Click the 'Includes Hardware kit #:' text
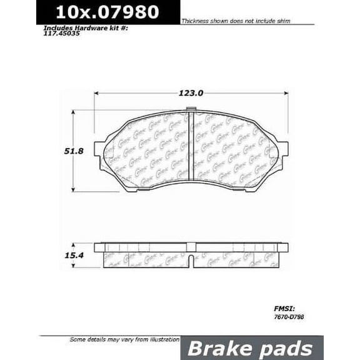point(79,29)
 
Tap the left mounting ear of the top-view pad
point(99,149)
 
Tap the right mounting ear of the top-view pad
point(284,149)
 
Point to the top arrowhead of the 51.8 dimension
point(73,113)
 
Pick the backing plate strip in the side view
point(191,247)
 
